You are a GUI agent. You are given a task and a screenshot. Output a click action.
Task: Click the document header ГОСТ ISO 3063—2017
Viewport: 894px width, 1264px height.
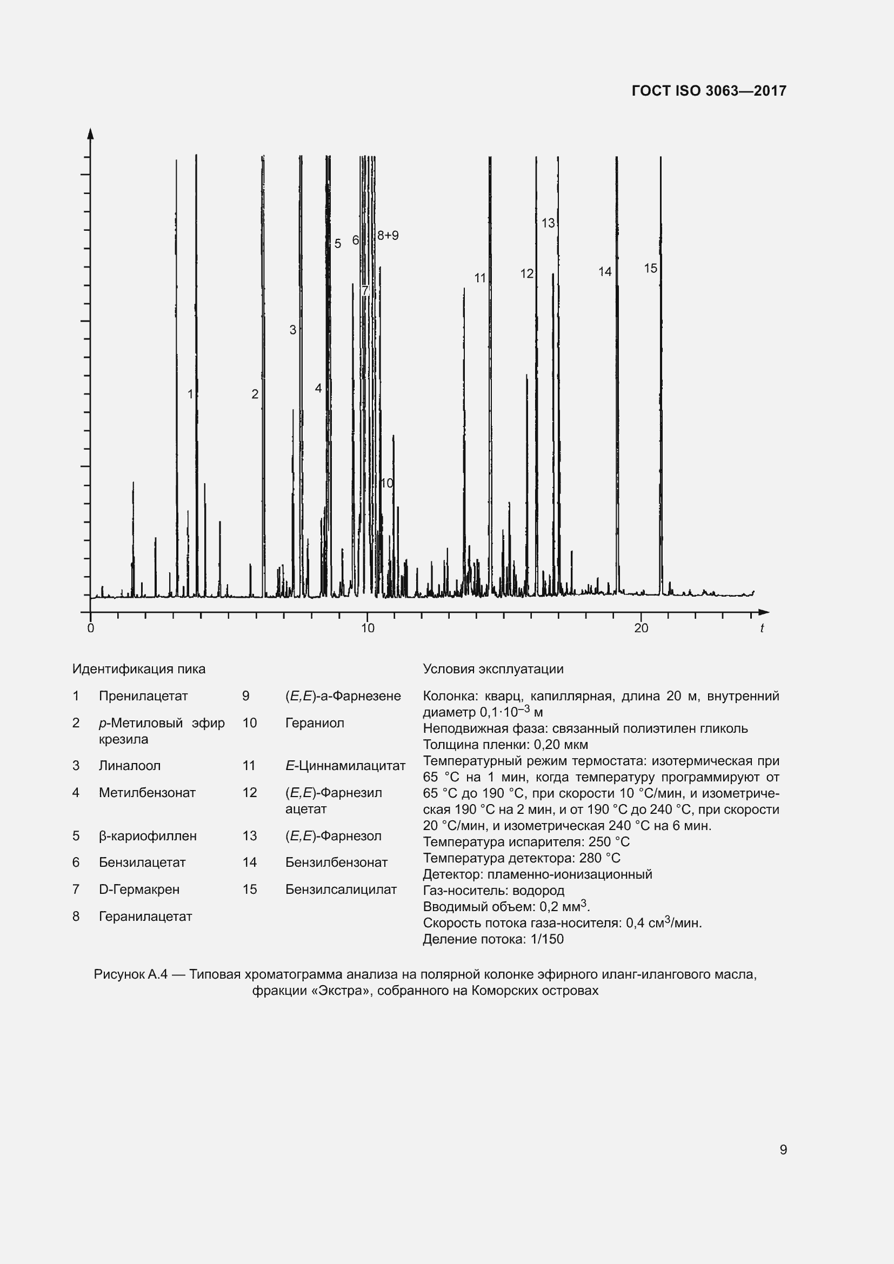(x=709, y=91)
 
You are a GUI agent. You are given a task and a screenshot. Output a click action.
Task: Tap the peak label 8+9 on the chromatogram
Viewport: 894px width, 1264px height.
(x=388, y=236)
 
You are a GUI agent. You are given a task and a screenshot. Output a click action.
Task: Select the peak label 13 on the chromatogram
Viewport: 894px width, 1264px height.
(x=548, y=224)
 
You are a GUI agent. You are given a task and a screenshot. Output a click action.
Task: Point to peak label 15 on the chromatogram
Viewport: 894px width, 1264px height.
(x=650, y=269)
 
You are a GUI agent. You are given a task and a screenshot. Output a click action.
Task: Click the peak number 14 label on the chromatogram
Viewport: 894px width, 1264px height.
(x=604, y=272)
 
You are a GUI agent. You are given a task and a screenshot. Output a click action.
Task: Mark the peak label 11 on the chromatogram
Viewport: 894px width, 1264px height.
(x=480, y=278)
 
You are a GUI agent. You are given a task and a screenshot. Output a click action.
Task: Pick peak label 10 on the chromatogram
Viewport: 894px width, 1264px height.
(x=387, y=483)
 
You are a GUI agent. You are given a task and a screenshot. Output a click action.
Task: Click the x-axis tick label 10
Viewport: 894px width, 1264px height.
(x=367, y=628)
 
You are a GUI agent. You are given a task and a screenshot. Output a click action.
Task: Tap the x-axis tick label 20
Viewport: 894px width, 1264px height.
(x=641, y=628)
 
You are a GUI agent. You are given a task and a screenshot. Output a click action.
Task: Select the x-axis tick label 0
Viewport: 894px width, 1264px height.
(x=91, y=628)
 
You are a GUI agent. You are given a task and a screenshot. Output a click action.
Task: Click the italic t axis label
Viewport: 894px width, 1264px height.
(x=762, y=628)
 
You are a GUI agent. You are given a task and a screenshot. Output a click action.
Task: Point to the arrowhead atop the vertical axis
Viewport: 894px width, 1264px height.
(x=91, y=134)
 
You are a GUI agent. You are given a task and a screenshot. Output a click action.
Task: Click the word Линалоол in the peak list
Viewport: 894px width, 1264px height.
(x=129, y=766)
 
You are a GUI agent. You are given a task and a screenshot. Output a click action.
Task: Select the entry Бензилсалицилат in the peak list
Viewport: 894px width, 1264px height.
(x=340, y=890)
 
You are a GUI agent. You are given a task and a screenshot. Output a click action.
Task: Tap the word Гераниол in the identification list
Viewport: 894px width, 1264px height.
(x=315, y=723)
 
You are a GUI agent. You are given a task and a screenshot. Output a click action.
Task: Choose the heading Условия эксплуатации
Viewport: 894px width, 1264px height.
(x=493, y=669)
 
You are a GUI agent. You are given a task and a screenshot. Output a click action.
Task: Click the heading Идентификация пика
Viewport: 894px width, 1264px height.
(x=139, y=669)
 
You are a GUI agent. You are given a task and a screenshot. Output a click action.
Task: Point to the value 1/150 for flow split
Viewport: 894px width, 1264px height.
(x=547, y=939)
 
